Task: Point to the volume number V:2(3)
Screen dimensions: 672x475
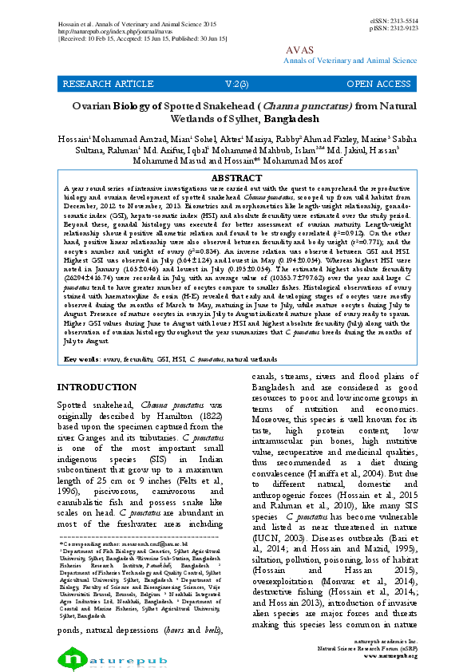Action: [x=236, y=83]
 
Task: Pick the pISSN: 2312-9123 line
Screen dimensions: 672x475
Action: [x=394, y=28]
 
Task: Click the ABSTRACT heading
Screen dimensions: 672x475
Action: [x=238, y=177]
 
